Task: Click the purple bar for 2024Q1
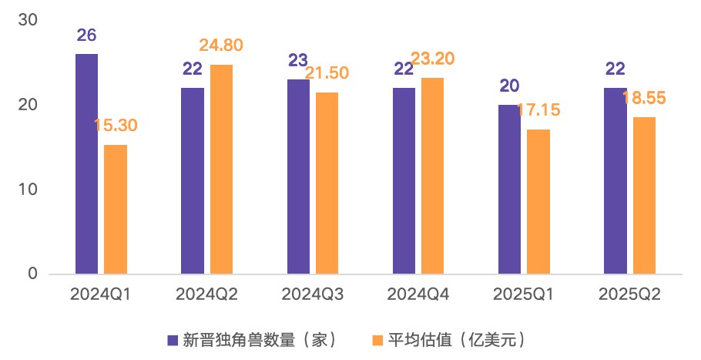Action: coord(86,163)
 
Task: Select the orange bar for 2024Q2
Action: coord(221,169)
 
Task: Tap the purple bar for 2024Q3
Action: coord(298,177)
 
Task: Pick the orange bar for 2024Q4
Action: coord(433,176)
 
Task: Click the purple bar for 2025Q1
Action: coord(510,189)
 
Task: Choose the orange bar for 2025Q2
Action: coord(645,195)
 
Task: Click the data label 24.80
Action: coord(220,45)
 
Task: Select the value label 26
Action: coord(86,35)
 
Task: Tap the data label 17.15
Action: coord(538,109)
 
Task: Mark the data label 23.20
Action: coord(434,59)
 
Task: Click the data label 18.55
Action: coord(644,98)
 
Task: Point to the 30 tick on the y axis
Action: coord(28,20)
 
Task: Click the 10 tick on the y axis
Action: coord(28,189)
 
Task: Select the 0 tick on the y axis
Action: coord(32,274)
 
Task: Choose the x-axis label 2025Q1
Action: coord(524,294)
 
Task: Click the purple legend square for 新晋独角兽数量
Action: coord(173,339)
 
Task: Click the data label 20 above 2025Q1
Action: coord(509,86)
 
